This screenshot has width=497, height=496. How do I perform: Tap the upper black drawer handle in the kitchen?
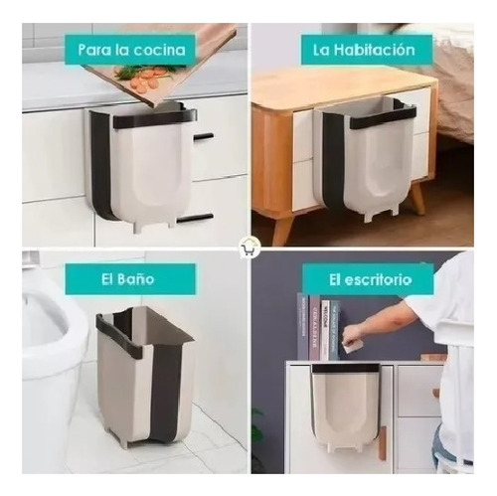(x=203, y=136)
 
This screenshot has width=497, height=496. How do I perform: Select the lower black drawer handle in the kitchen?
(x=195, y=218)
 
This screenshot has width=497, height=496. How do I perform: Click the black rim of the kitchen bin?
(x=155, y=118)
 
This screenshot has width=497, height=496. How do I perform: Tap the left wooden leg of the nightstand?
(x=282, y=229)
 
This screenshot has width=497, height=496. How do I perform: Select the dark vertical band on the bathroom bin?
(x=165, y=391)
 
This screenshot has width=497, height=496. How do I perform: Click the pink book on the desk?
(x=314, y=327)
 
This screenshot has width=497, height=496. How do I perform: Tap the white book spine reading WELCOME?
(x=326, y=330)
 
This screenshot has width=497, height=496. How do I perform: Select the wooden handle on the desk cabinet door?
(x=383, y=443)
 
